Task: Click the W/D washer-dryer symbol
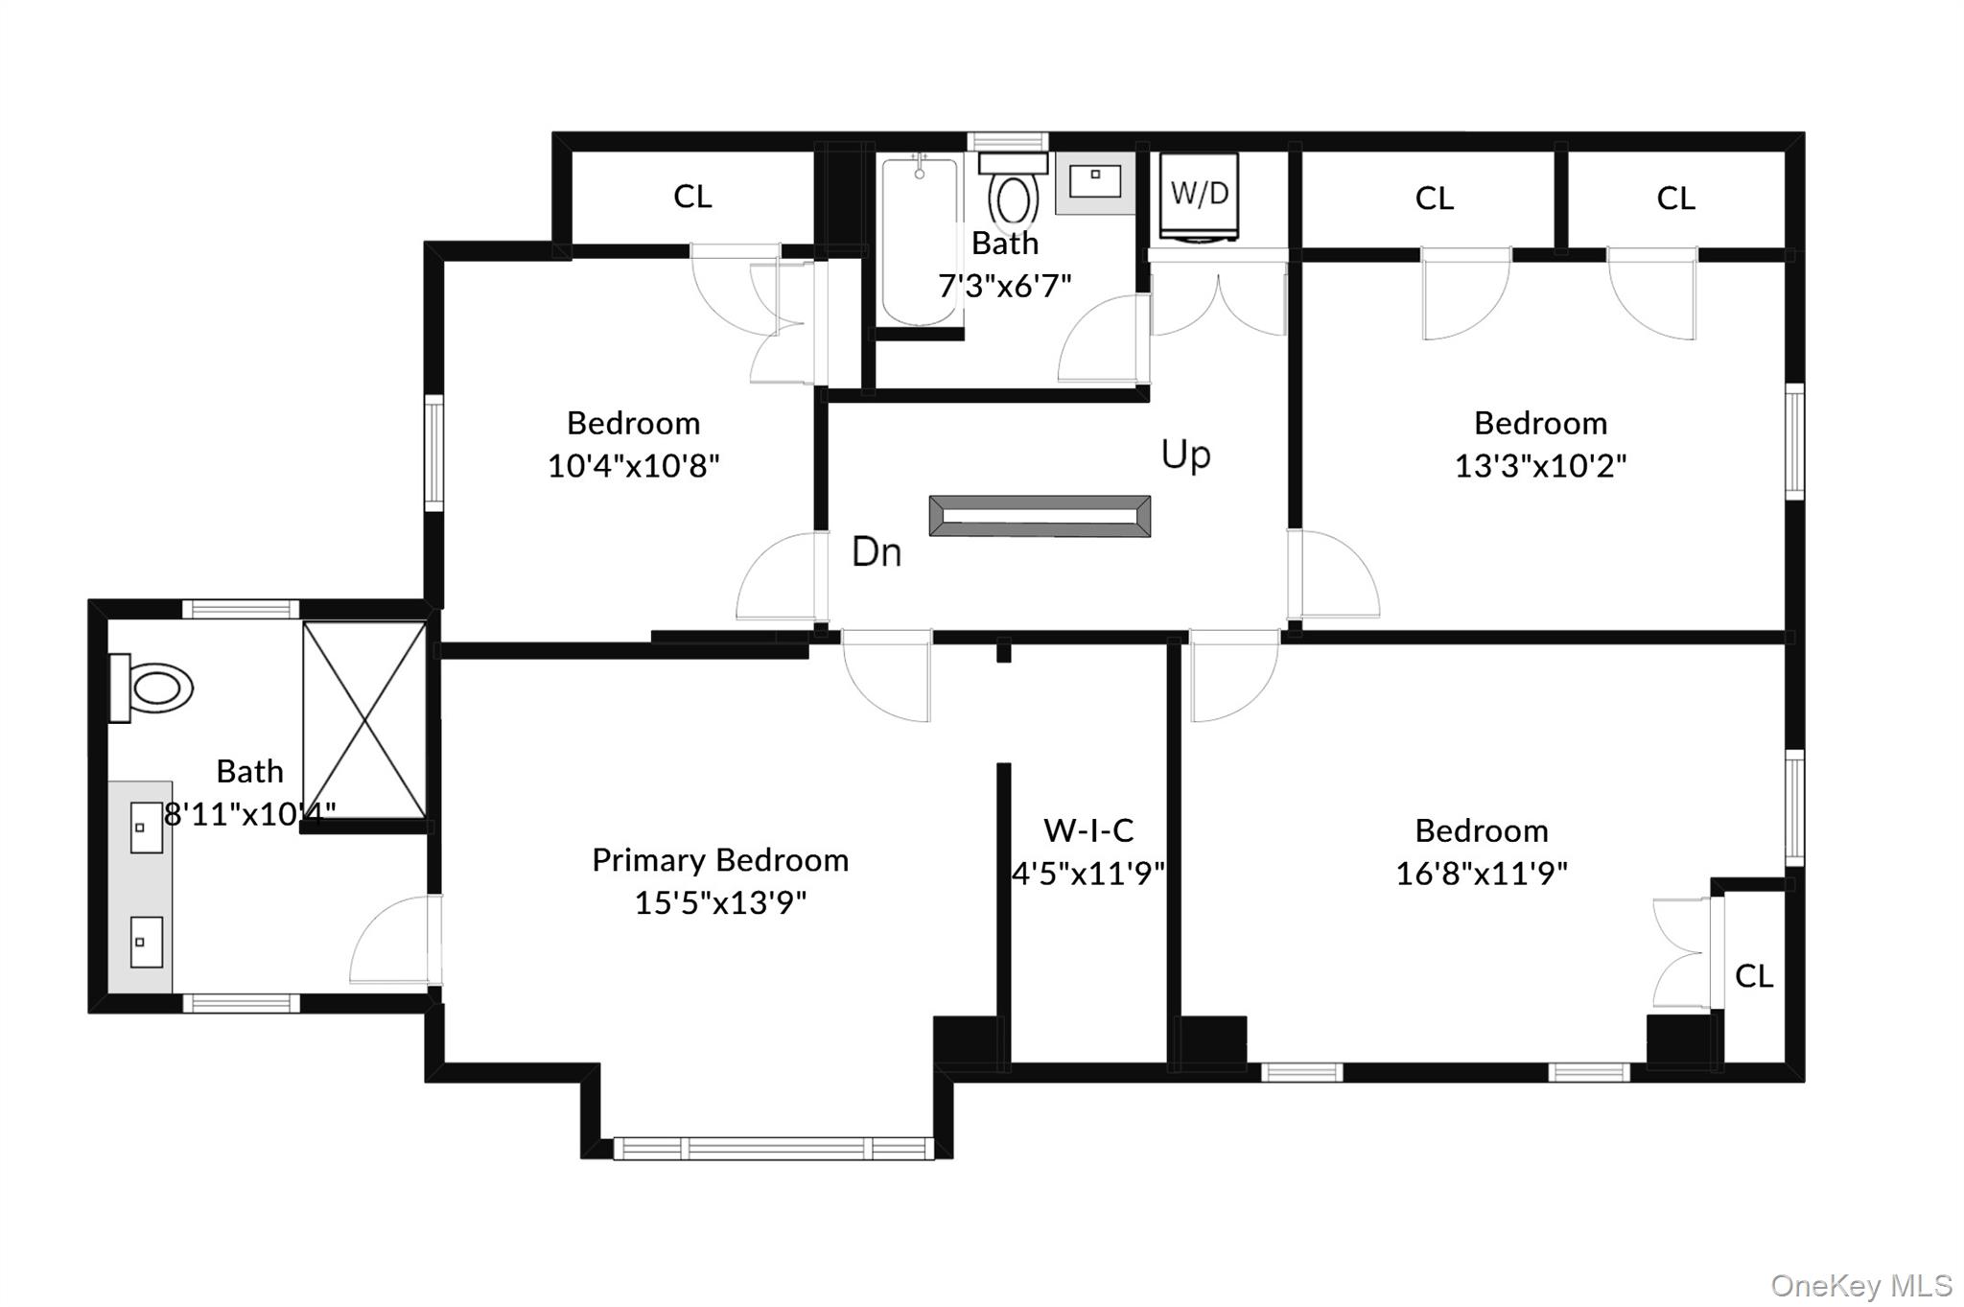point(1199,196)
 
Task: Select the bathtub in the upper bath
point(919,242)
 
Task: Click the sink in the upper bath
point(1095,181)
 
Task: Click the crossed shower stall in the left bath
point(364,720)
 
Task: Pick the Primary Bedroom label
point(720,860)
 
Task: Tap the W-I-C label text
point(1088,829)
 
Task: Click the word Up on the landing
point(1185,455)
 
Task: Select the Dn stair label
point(877,552)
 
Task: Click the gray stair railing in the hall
point(1040,516)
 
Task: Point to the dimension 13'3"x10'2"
point(1540,466)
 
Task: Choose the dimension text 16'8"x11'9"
point(1481,874)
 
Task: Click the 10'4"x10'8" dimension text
point(633,466)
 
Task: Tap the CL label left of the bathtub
point(692,197)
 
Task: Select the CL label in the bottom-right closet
point(1753,976)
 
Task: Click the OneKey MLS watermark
point(1860,1285)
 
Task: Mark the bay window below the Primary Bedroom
point(773,1148)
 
